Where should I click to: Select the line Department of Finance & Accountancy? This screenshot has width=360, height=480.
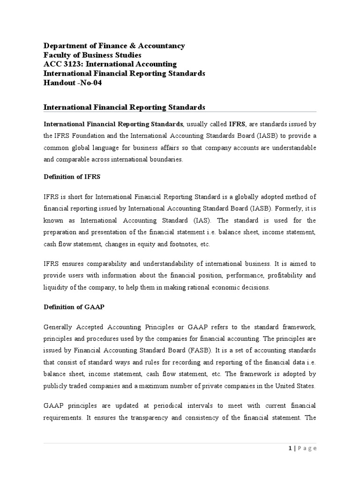point(114,45)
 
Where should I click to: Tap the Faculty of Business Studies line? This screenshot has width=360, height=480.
point(92,55)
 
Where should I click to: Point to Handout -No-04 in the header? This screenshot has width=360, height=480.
point(73,83)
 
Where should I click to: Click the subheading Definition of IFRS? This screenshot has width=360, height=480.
point(72,177)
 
